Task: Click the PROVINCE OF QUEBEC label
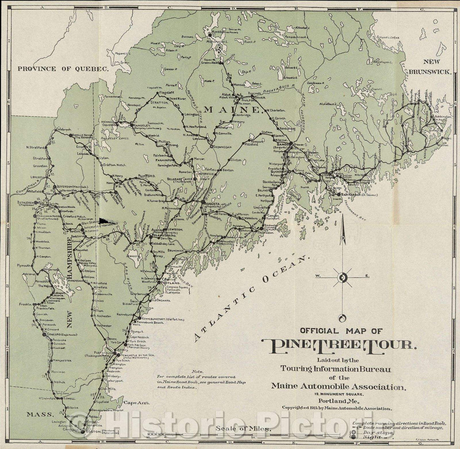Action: coord(63,68)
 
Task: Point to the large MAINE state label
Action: coord(232,109)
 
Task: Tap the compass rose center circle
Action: coord(342,279)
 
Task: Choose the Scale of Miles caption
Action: coord(242,429)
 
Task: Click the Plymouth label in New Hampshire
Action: coord(24,265)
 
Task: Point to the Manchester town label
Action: coord(62,360)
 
